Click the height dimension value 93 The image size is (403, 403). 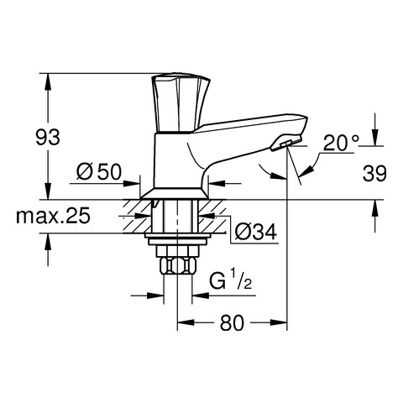[x=48, y=137]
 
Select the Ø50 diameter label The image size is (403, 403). [x=99, y=171]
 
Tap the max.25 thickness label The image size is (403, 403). [x=53, y=216]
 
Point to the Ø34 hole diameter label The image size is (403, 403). [x=255, y=232]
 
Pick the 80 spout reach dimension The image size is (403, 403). [x=232, y=322]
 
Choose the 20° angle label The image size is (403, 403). [x=341, y=143]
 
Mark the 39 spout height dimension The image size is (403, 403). [x=374, y=174]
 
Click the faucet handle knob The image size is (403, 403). [x=181, y=103]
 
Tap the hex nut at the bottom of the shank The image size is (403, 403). [x=177, y=266]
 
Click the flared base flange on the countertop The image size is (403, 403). [x=174, y=193]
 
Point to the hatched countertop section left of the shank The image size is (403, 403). [x=138, y=216]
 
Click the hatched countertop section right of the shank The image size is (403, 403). [x=212, y=216]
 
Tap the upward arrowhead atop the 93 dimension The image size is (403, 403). [x=48, y=81]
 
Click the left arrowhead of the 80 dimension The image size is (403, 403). [x=186, y=322]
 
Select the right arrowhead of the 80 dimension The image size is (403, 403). [x=279, y=322]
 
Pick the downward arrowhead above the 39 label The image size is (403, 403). [x=375, y=138]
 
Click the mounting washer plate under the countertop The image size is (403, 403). [x=177, y=238]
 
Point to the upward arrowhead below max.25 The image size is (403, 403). [x=48, y=242]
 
